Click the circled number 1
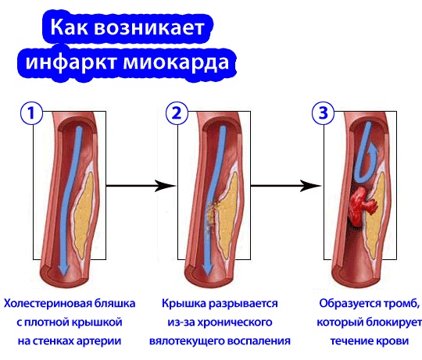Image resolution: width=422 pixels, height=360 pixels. (32, 113)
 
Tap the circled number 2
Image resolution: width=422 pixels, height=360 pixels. (177, 113)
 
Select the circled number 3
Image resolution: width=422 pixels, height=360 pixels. (323, 113)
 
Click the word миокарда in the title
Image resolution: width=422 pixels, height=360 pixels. (176, 62)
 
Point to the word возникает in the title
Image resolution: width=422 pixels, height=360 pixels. (149, 27)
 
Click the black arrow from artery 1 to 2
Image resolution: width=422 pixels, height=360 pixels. (141, 186)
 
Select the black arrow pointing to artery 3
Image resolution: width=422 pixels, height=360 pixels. (286, 186)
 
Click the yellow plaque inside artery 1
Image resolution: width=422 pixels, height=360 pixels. (84, 212)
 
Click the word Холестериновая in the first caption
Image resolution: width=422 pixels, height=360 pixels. (47, 303)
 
